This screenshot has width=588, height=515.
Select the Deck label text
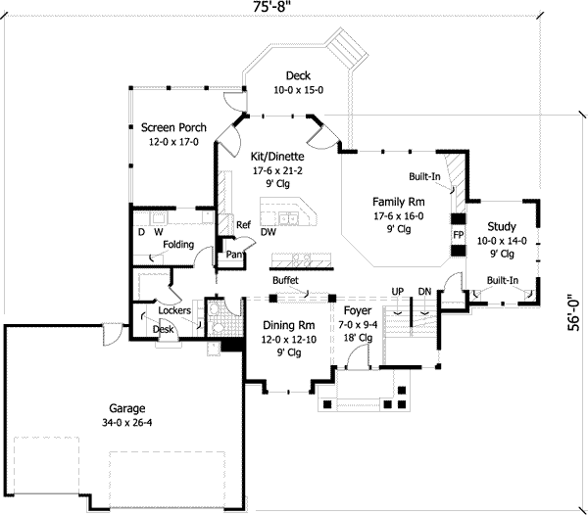point(299,75)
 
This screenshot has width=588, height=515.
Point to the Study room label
point(502,226)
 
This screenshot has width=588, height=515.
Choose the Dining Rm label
point(289,325)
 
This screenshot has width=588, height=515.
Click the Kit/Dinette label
point(277,156)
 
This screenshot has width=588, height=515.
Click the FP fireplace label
point(458,236)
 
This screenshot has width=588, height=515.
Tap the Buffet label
point(285,280)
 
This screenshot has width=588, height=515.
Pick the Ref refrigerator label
point(244,225)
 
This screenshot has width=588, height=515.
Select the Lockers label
point(173,311)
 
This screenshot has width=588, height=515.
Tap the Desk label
point(164,330)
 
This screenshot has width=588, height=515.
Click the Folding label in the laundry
point(178,245)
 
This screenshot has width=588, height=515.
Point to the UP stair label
point(398,292)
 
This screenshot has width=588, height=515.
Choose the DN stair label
point(424,292)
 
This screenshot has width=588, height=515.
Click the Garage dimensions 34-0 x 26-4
point(128,423)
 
